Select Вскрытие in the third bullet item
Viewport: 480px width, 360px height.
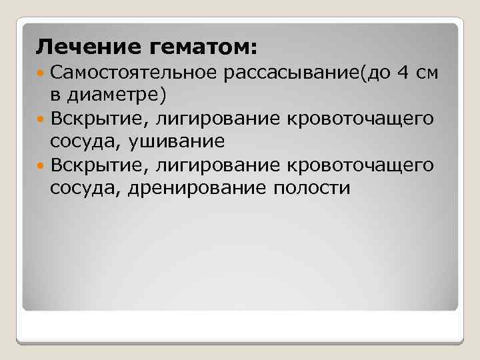tap(93, 164)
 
